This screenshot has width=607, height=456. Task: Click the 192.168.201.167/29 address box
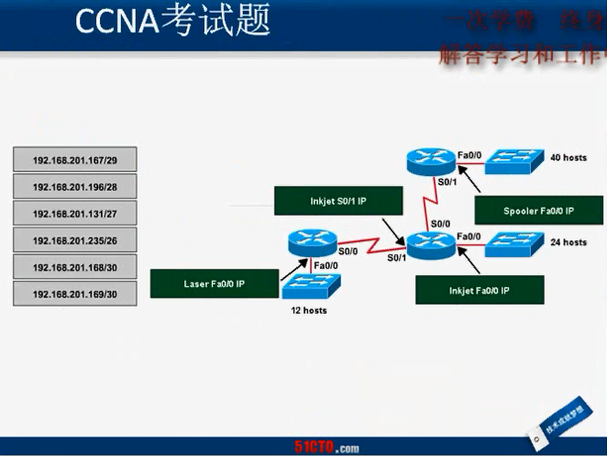point(75,160)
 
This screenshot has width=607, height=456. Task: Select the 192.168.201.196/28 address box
point(75,186)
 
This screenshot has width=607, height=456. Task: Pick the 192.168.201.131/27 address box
point(75,213)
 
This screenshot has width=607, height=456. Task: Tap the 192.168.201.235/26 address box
point(75,240)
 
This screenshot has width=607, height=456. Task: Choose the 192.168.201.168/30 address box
point(75,268)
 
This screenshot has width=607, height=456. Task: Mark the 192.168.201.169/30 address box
point(75,295)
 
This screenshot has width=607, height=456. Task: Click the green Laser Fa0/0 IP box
point(215,284)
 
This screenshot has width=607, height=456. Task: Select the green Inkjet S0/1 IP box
point(326,201)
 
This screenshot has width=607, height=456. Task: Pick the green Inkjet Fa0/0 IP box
point(480,289)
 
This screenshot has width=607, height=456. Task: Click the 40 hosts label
point(568,158)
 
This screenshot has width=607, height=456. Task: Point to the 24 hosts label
point(568,242)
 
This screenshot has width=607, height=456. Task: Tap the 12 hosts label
point(308,311)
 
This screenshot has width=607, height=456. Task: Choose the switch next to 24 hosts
point(514,244)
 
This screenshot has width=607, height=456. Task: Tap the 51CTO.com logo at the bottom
point(326,448)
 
